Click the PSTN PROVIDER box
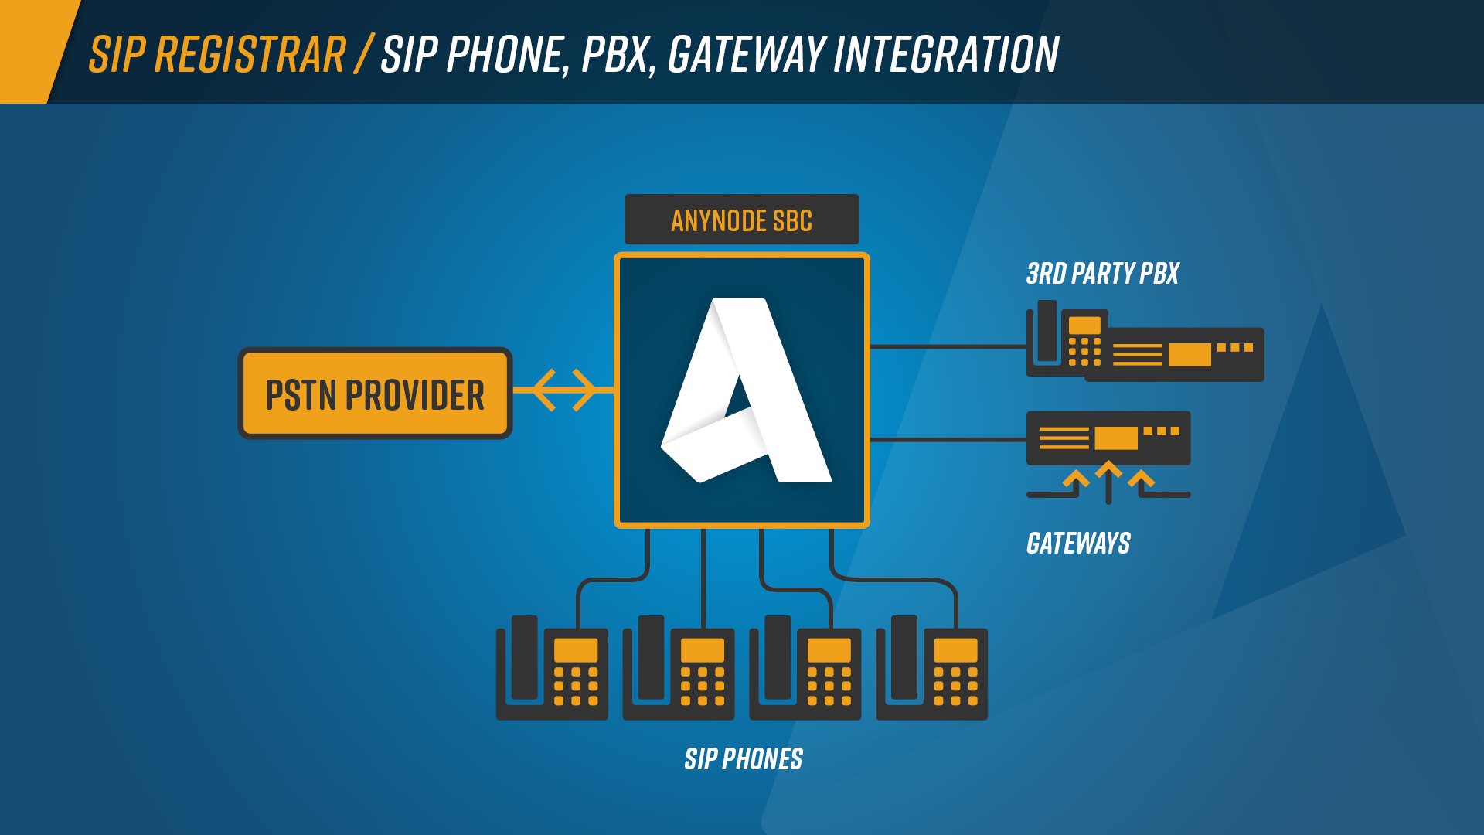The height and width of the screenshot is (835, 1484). click(x=375, y=393)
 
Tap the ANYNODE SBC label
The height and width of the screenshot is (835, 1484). click(x=741, y=220)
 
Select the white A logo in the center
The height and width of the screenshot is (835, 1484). click(x=746, y=390)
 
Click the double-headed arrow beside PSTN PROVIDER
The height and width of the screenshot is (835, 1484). click(x=563, y=390)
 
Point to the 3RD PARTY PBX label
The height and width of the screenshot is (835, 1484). click(x=1102, y=274)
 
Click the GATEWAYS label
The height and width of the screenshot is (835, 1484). click(x=1078, y=544)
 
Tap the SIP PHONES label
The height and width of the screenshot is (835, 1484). click(x=744, y=759)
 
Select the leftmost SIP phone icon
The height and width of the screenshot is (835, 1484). click(x=552, y=668)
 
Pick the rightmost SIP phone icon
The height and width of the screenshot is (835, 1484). click(x=931, y=668)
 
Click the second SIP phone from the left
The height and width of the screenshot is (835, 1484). click(x=679, y=668)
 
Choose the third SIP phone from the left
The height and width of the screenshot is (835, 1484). click(x=805, y=668)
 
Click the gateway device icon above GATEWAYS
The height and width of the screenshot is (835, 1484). click(x=1108, y=438)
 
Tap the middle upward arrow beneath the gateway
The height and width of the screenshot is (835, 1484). click(x=1108, y=482)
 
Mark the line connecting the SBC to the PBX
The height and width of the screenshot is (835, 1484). click(x=948, y=347)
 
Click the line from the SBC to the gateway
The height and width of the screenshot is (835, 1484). click(x=948, y=439)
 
